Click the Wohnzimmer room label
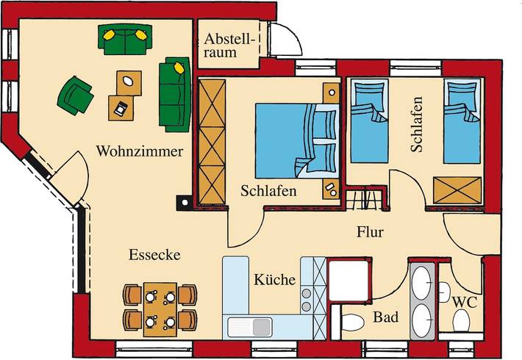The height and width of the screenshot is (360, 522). [139, 151]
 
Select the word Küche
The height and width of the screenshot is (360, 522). [275, 280]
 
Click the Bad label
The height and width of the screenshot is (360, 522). [385, 317]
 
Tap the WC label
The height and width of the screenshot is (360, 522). [462, 302]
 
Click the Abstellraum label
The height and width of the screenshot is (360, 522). [230, 45]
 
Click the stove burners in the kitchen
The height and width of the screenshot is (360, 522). [306, 298]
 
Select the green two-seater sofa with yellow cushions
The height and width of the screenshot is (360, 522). [125, 40]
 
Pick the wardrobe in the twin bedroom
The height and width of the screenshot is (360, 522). [457, 189]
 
